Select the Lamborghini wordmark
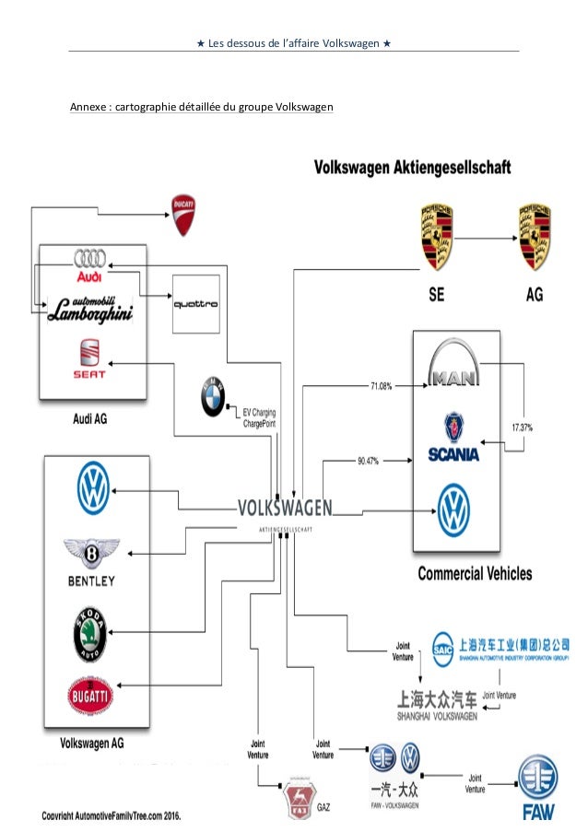tap(91, 309)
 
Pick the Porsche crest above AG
tap(535, 238)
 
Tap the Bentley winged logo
tap(91, 561)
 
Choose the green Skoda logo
tap(92, 634)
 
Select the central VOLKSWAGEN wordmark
tap(285, 508)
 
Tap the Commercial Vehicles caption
tap(475, 573)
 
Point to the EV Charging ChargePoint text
tap(260, 417)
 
